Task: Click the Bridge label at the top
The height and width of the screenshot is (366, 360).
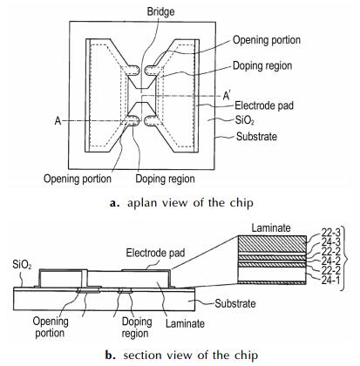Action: coord(160,11)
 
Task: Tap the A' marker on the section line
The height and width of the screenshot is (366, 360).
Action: coord(227,95)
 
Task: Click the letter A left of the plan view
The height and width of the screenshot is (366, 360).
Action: coord(58,120)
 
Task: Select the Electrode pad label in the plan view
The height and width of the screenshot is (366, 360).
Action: coord(264,105)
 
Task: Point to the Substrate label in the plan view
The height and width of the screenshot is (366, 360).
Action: coord(256,136)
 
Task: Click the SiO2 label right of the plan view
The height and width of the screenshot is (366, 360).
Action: coord(245,120)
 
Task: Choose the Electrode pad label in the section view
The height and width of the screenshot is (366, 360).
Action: coord(155,253)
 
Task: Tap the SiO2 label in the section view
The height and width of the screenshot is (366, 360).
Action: coord(22,265)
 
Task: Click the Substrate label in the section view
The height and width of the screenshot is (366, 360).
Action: coord(235,303)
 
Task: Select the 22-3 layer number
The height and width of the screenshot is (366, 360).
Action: coord(330,233)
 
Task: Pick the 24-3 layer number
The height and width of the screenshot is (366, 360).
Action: coord(330,242)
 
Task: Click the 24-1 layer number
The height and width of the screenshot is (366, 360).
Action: coord(330,281)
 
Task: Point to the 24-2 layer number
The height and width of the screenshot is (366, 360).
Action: coord(330,261)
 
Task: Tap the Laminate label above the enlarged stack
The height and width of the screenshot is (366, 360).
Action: coord(271,227)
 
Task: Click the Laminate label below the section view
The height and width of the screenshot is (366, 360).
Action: coord(185,323)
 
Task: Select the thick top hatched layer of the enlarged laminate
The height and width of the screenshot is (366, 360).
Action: coord(272,244)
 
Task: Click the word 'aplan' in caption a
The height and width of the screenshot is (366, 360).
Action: coord(142,203)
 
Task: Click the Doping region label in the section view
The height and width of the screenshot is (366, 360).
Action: coord(137,328)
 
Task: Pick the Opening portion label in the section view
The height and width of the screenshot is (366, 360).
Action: coord(51,327)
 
